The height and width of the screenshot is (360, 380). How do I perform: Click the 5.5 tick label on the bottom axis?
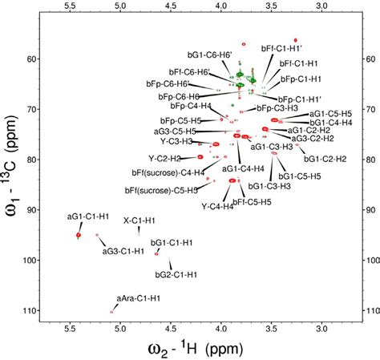click(x=69, y=328)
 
